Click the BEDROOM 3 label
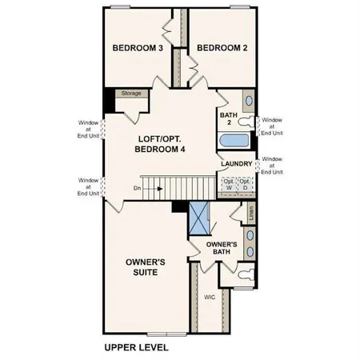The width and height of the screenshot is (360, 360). (138, 48)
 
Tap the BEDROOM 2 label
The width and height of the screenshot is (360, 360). (222, 48)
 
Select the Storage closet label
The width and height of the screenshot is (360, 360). (131, 94)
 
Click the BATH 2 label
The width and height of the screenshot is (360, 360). (228, 119)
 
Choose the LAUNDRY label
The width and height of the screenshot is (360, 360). (237, 165)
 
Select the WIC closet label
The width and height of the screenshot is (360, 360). (209, 297)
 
